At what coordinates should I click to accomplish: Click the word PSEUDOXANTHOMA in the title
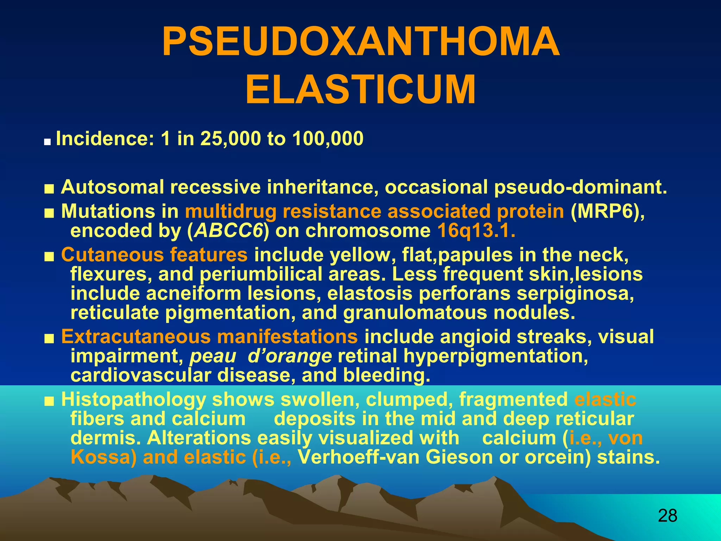360,42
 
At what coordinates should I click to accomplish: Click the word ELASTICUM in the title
360,90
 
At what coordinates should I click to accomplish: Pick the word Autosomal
112,187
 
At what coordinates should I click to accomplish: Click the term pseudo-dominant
580,187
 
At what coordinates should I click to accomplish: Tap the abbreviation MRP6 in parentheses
607,211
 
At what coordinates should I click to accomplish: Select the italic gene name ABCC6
229,231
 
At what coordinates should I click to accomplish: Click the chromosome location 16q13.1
476,231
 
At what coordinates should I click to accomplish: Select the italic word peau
213,356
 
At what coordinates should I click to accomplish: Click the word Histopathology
133,399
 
